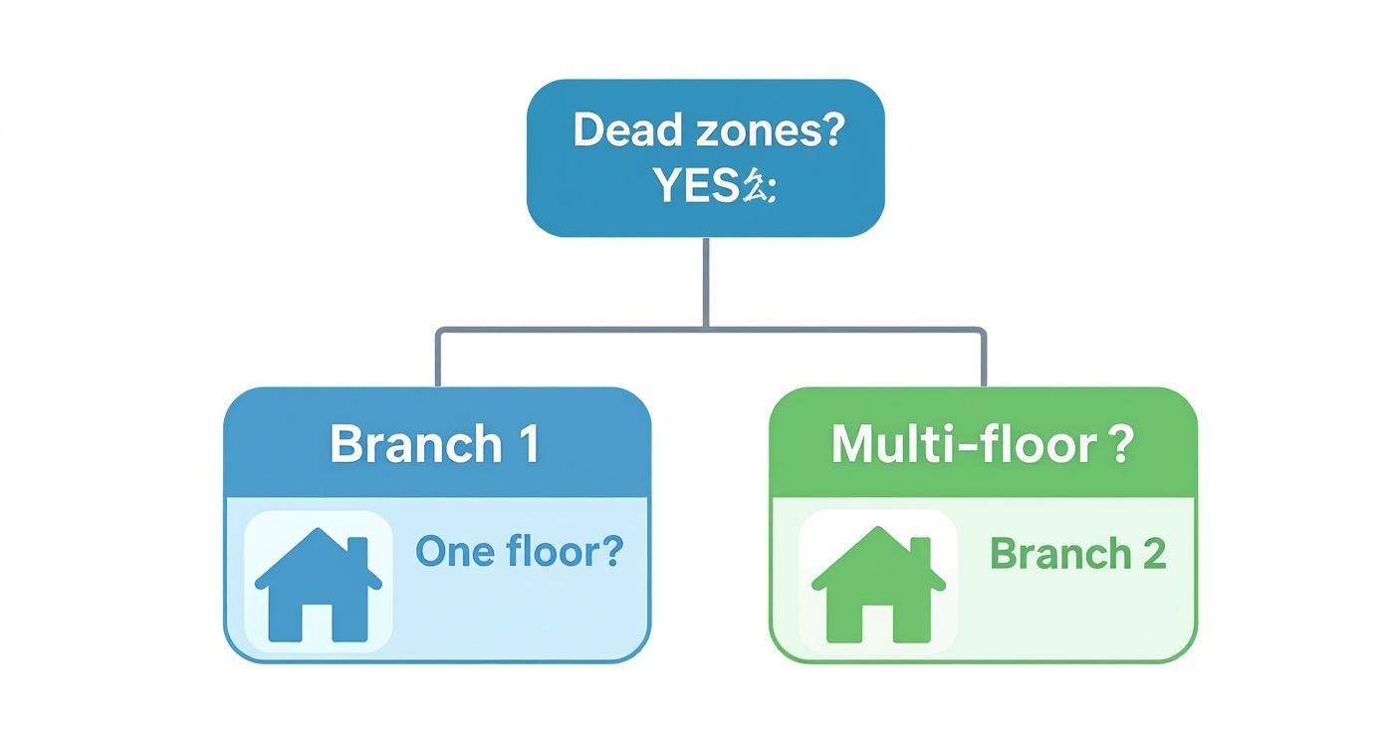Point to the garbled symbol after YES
(759, 186)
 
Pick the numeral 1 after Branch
(529, 443)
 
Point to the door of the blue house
(319, 620)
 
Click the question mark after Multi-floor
(1120, 443)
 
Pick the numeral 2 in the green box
(1153, 554)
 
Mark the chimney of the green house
(920, 552)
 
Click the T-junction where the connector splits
(706, 328)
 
